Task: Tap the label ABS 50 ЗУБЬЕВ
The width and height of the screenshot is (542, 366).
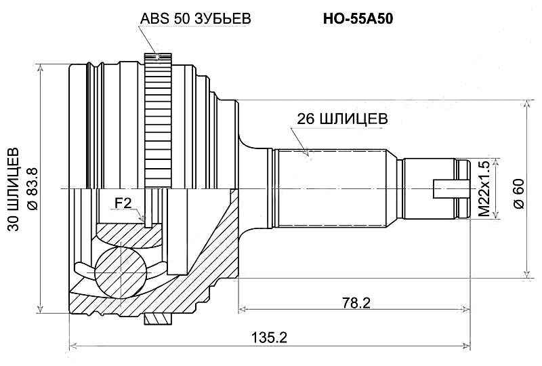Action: [196, 19]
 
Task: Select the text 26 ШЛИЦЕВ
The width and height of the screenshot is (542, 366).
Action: [342, 119]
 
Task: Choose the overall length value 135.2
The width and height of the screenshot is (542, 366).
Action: [271, 337]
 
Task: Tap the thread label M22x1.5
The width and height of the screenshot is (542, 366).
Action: [484, 189]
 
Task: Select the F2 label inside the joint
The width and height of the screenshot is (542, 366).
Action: [123, 203]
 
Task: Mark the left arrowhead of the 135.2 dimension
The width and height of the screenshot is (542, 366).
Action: [73, 346]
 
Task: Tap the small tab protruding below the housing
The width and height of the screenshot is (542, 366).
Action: [157, 318]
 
